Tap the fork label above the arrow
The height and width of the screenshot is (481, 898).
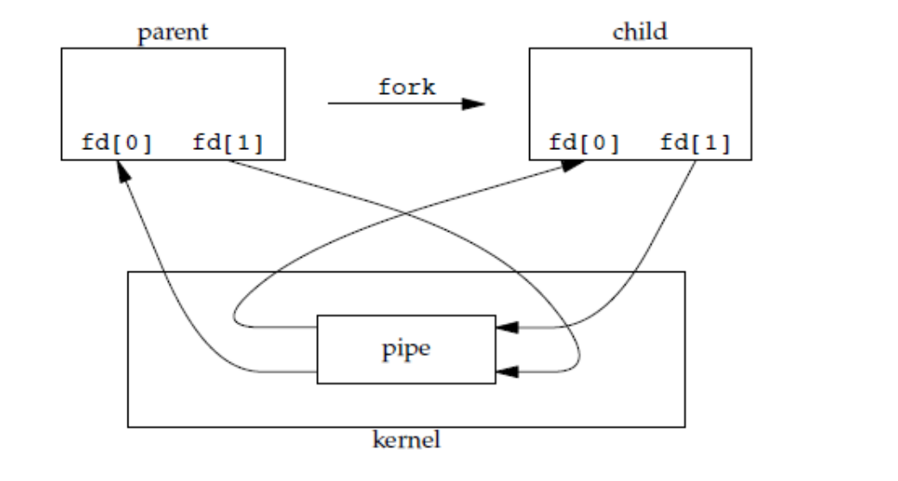pyautogui.click(x=406, y=87)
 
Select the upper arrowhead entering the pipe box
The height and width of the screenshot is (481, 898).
pyautogui.click(x=506, y=328)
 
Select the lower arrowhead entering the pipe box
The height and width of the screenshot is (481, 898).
pyautogui.click(x=506, y=372)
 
